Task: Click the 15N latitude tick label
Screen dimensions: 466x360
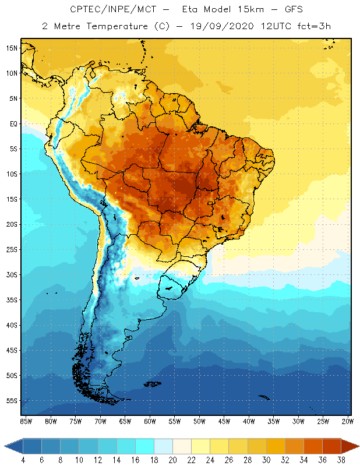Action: tap(12, 48)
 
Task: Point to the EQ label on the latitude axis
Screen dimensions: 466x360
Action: tap(13, 123)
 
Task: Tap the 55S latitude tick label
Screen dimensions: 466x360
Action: tap(12, 401)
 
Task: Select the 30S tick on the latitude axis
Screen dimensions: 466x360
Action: tap(12, 274)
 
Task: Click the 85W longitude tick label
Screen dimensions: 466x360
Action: tap(26, 421)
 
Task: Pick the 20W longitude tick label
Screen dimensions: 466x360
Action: tap(347, 421)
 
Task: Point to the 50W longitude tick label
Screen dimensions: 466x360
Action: tap(199, 421)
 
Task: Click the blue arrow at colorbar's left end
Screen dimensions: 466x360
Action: tap(13, 446)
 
